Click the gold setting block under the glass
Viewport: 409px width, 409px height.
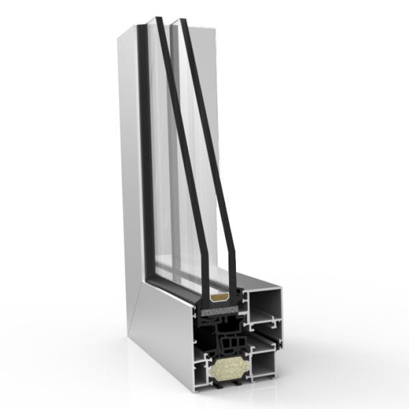[220, 299]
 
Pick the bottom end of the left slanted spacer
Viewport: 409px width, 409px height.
[205, 287]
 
